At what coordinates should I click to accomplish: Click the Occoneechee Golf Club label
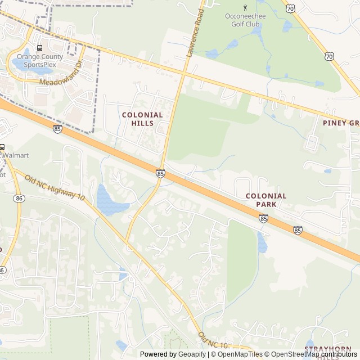(x=245, y=20)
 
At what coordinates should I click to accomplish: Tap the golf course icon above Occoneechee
(x=245, y=7)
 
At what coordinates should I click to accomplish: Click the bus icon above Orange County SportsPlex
(x=39, y=48)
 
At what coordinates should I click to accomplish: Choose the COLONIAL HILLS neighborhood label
(x=142, y=119)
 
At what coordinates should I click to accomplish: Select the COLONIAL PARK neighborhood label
(x=266, y=200)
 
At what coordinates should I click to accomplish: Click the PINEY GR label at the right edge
(x=341, y=123)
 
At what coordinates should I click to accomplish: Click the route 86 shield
(x=20, y=199)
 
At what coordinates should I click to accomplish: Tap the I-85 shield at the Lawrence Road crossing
(x=161, y=174)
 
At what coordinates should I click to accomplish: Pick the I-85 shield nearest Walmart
(x=57, y=129)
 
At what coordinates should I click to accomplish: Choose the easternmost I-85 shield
(x=297, y=229)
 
